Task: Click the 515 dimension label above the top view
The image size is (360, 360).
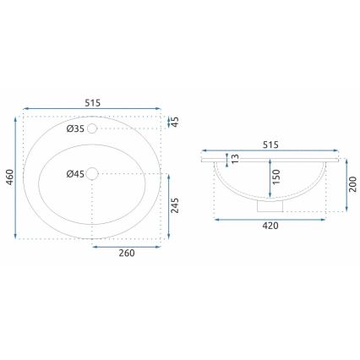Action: tap(92, 101)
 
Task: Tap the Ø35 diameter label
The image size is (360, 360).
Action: tap(75, 128)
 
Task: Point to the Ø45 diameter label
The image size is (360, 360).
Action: tap(75, 174)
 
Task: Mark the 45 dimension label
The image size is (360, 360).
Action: tap(176, 122)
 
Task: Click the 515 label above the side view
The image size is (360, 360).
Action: tap(270, 145)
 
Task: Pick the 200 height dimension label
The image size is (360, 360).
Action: tap(349, 186)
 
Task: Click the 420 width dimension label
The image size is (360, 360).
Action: tap(270, 226)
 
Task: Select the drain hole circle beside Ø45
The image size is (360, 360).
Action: tap(94, 174)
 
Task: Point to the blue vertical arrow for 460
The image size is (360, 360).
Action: tap(16, 178)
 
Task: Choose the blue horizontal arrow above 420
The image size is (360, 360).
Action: tap(270, 218)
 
